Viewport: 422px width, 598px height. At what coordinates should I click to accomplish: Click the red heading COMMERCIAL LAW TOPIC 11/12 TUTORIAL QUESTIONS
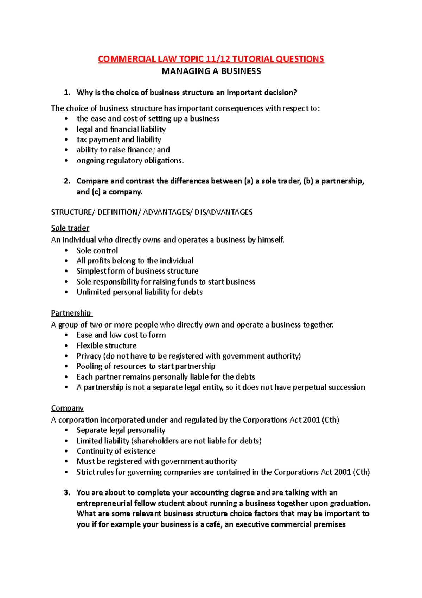[x=211, y=59]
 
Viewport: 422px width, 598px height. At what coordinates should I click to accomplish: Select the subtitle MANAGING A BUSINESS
[x=211, y=71]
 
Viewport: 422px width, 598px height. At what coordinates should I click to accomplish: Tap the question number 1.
[x=67, y=93]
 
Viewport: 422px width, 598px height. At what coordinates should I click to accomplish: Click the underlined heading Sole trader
[x=70, y=228]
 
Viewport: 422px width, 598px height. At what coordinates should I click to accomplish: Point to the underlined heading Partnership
[x=71, y=313]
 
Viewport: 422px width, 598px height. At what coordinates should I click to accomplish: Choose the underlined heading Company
[x=67, y=408]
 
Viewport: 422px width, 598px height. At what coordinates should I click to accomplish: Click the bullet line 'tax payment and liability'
[x=119, y=139]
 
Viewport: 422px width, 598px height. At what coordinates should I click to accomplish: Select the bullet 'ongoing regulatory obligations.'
[x=130, y=161]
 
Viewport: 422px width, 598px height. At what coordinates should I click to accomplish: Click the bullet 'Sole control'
[x=97, y=250]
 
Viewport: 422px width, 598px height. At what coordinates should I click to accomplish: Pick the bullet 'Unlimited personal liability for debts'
[x=139, y=292]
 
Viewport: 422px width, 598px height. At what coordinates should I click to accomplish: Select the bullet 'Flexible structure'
[x=107, y=345]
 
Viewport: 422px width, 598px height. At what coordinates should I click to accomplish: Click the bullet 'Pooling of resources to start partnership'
[x=146, y=366]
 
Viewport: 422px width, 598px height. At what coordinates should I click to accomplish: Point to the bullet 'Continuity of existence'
[x=116, y=451]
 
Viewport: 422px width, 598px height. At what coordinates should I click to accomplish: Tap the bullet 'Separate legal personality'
[x=121, y=430]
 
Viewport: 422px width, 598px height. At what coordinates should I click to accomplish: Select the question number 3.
[x=67, y=492]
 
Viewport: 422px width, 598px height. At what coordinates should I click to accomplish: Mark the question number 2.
[x=67, y=181]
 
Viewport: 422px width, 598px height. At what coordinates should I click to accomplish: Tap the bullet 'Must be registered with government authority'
[x=156, y=461]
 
